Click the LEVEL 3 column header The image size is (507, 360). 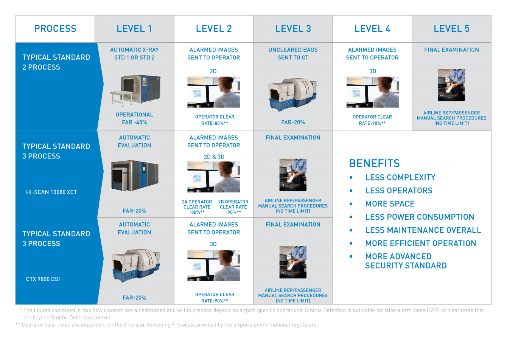pos(293,29)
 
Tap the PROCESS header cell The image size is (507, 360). pos(55,29)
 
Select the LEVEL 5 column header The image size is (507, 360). pos(451,29)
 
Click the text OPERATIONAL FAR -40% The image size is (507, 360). pos(134,118)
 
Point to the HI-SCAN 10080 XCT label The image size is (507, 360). pos(51,192)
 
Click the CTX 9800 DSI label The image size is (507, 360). pos(43,279)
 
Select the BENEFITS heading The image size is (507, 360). pos(374,163)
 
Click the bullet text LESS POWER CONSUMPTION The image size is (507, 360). pos(420,217)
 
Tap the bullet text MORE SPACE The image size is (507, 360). pos(390,204)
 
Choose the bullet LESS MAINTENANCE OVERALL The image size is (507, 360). pos(423,230)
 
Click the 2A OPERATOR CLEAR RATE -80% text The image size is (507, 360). pos(197,207)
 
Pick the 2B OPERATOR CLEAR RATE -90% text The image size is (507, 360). pos(233,207)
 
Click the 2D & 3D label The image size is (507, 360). pos(214,157)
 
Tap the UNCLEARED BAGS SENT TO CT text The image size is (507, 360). pos(293,54)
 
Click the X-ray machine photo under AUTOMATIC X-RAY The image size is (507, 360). pos(135,90)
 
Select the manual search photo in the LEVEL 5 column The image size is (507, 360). pos(451,85)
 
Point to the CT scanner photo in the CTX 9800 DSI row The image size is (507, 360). pos(136,265)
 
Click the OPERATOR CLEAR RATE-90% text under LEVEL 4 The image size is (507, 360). pos(372,120)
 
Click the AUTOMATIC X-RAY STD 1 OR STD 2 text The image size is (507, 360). pos(134,54)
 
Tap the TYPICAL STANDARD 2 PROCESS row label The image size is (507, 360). pos(56,62)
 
